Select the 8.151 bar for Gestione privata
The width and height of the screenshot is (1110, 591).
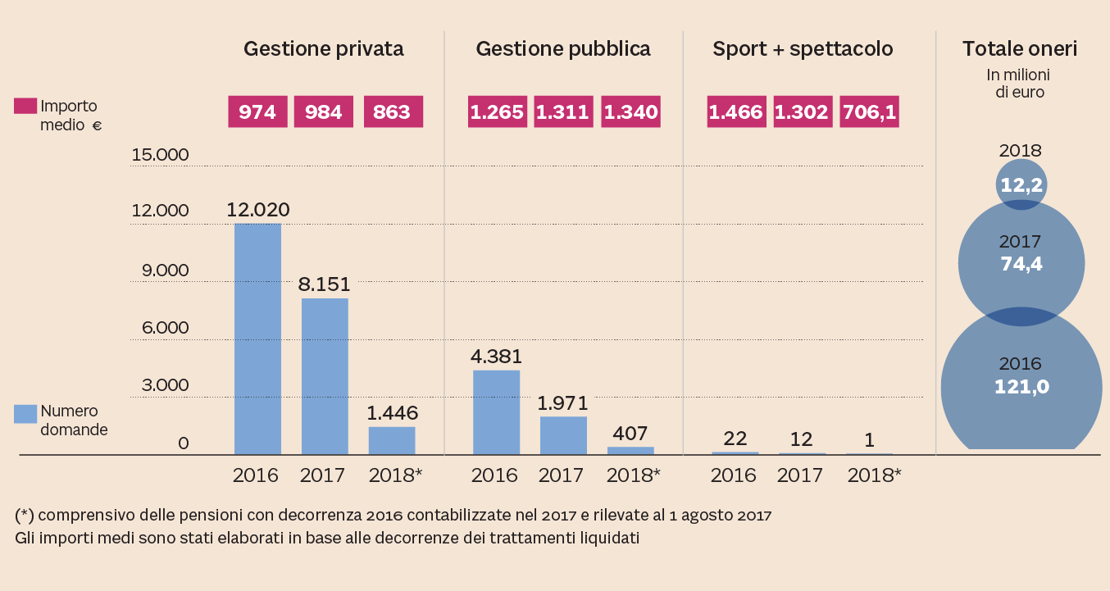(x=325, y=376)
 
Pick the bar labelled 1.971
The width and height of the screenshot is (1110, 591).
(x=563, y=435)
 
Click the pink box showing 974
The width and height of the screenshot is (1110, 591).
(x=257, y=112)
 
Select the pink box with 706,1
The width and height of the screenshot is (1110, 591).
(x=869, y=112)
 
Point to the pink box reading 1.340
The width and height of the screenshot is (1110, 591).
(x=630, y=112)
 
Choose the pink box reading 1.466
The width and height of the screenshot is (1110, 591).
(x=736, y=112)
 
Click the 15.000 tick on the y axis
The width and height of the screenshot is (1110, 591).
(x=161, y=155)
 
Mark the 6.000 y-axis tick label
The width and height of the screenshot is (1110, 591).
(x=161, y=328)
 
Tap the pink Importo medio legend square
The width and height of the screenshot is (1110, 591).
(x=25, y=107)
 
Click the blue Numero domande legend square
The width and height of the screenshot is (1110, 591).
(x=25, y=414)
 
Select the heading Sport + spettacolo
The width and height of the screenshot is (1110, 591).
(x=803, y=49)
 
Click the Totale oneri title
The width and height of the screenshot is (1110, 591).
(x=1019, y=49)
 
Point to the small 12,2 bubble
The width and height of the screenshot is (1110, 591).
(x=1021, y=186)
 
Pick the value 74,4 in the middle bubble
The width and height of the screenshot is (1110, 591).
(x=1021, y=264)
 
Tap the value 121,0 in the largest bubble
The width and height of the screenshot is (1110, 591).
(x=1021, y=386)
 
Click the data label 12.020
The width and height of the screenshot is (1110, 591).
(x=258, y=210)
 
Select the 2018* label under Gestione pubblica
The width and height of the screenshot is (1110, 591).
(x=632, y=475)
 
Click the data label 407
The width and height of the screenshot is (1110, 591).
(x=630, y=433)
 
